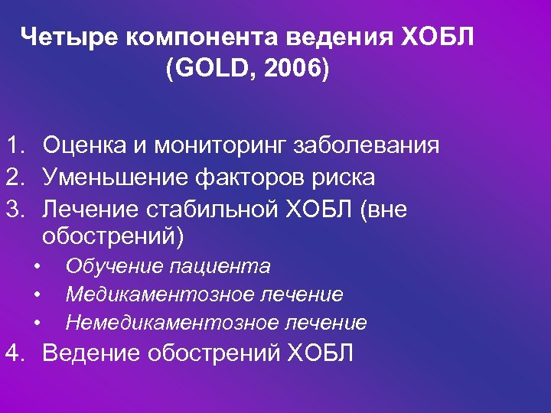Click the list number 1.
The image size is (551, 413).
pyautogui.click(x=12, y=145)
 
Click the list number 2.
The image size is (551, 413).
pyautogui.click(x=12, y=177)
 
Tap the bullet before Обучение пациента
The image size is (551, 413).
pyautogui.click(x=36, y=267)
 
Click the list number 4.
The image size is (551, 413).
pyautogui.click(x=12, y=354)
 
